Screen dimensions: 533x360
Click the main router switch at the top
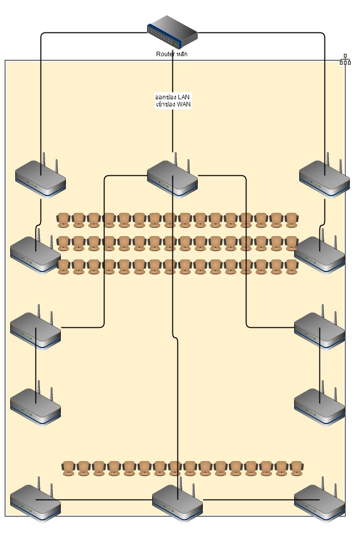172,31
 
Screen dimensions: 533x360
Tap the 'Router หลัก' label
171,54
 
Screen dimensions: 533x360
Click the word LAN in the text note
185,97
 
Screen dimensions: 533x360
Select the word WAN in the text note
184,104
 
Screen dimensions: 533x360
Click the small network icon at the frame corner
345,60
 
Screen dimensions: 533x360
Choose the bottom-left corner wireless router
35,503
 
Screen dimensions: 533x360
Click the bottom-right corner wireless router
319,503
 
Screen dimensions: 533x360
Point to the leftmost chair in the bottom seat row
68,469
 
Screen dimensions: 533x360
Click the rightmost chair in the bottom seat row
297,469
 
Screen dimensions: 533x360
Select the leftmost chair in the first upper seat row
63,220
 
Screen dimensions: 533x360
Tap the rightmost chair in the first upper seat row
292,220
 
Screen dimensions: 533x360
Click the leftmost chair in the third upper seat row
63,266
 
